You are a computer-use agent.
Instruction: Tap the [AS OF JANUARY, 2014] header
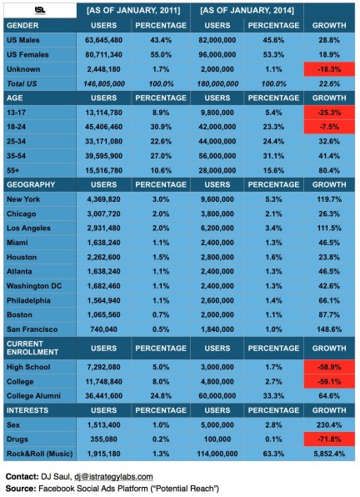point(247,11)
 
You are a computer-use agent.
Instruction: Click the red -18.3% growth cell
point(328,68)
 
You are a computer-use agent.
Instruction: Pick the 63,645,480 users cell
point(105,39)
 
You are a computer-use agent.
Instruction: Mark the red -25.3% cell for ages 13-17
point(328,110)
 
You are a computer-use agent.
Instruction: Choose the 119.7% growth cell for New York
point(328,199)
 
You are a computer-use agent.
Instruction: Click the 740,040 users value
point(105,328)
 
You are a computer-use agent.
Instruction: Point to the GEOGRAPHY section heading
point(31,182)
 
